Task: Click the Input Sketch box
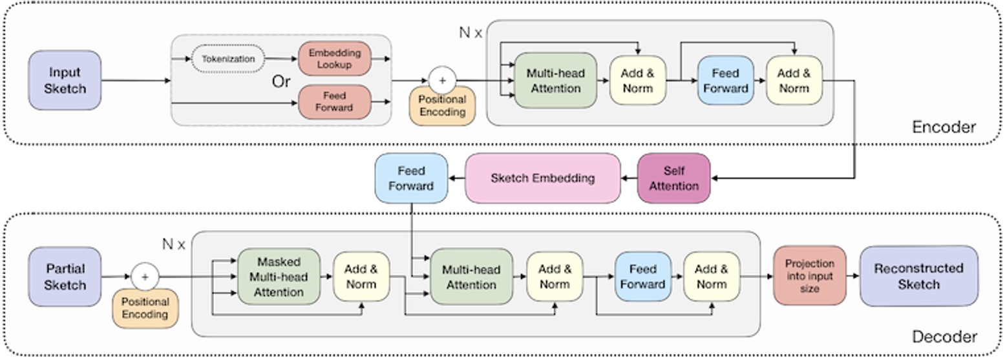tap(65, 80)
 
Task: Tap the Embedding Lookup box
tap(334, 59)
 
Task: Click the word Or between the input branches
tap(280, 83)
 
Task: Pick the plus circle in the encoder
tap(442, 81)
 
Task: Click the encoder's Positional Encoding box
tap(442, 106)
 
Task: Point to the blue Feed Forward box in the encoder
tap(725, 80)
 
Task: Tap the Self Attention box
tap(673, 178)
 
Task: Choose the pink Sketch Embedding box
tap(543, 178)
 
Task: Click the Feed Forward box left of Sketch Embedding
tap(411, 178)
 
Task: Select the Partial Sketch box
tap(65, 277)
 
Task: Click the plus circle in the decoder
tap(145, 277)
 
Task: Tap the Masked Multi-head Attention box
tap(279, 277)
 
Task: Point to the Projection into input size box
tap(809, 275)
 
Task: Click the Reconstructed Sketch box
tap(918, 276)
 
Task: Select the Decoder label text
tap(944, 337)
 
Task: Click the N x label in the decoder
tap(173, 244)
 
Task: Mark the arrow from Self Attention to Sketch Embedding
tap(629, 178)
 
